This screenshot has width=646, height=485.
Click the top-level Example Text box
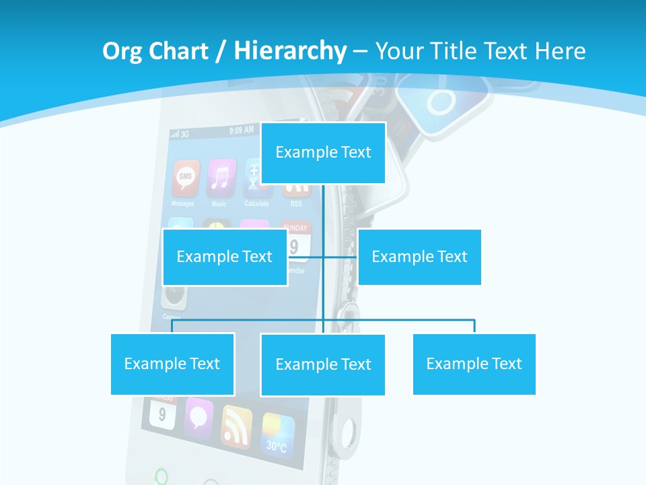[x=323, y=153]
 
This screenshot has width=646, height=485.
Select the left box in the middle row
[x=225, y=257]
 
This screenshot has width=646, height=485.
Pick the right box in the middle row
[x=419, y=257]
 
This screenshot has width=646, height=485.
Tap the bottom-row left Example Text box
[x=172, y=364]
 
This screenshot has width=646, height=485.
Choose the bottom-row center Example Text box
[x=323, y=364]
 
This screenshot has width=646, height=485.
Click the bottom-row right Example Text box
[x=474, y=364]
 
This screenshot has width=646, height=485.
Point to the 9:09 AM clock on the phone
[x=241, y=130]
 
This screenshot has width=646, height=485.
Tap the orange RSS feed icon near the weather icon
[x=237, y=426]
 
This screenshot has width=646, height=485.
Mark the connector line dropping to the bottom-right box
[x=474, y=326]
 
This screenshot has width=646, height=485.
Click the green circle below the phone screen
[x=161, y=476]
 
